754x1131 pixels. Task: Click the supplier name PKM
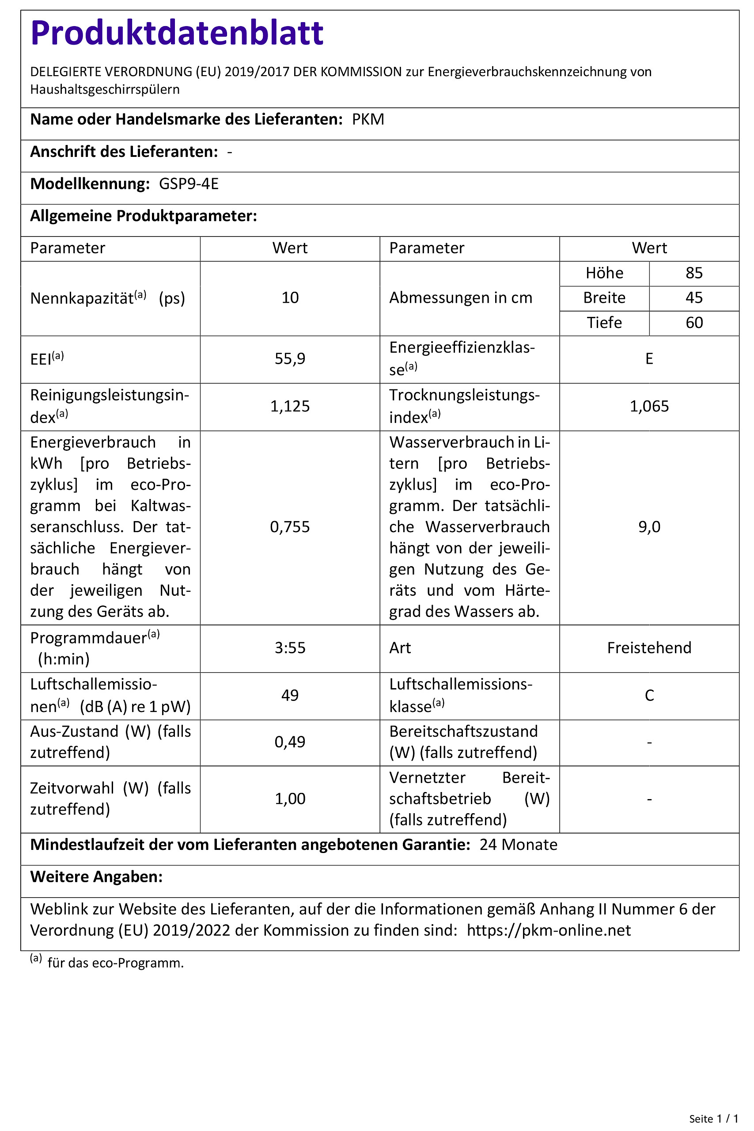pos(368,119)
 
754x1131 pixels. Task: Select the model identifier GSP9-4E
pos(189,184)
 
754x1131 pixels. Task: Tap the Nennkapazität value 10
pos(290,298)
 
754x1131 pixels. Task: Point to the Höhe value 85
pos(694,273)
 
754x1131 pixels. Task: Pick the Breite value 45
pos(694,298)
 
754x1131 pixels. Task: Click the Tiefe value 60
pos(694,322)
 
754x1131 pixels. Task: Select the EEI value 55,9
pos(290,359)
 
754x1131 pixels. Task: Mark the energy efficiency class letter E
pos(649,359)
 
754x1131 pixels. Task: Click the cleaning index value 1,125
pos(290,407)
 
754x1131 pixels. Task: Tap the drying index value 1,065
pos(649,407)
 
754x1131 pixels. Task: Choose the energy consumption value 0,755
pos(290,527)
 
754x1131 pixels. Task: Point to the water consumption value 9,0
pos(649,527)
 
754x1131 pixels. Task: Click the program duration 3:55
pos(290,648)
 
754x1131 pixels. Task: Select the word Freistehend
pos(649,648)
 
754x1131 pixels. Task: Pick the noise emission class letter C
pos(649,696)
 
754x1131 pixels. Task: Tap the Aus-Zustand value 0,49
pos(290,742)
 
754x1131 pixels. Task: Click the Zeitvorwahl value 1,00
pos(290,799)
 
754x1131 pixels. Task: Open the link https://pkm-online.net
pos(549,930)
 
